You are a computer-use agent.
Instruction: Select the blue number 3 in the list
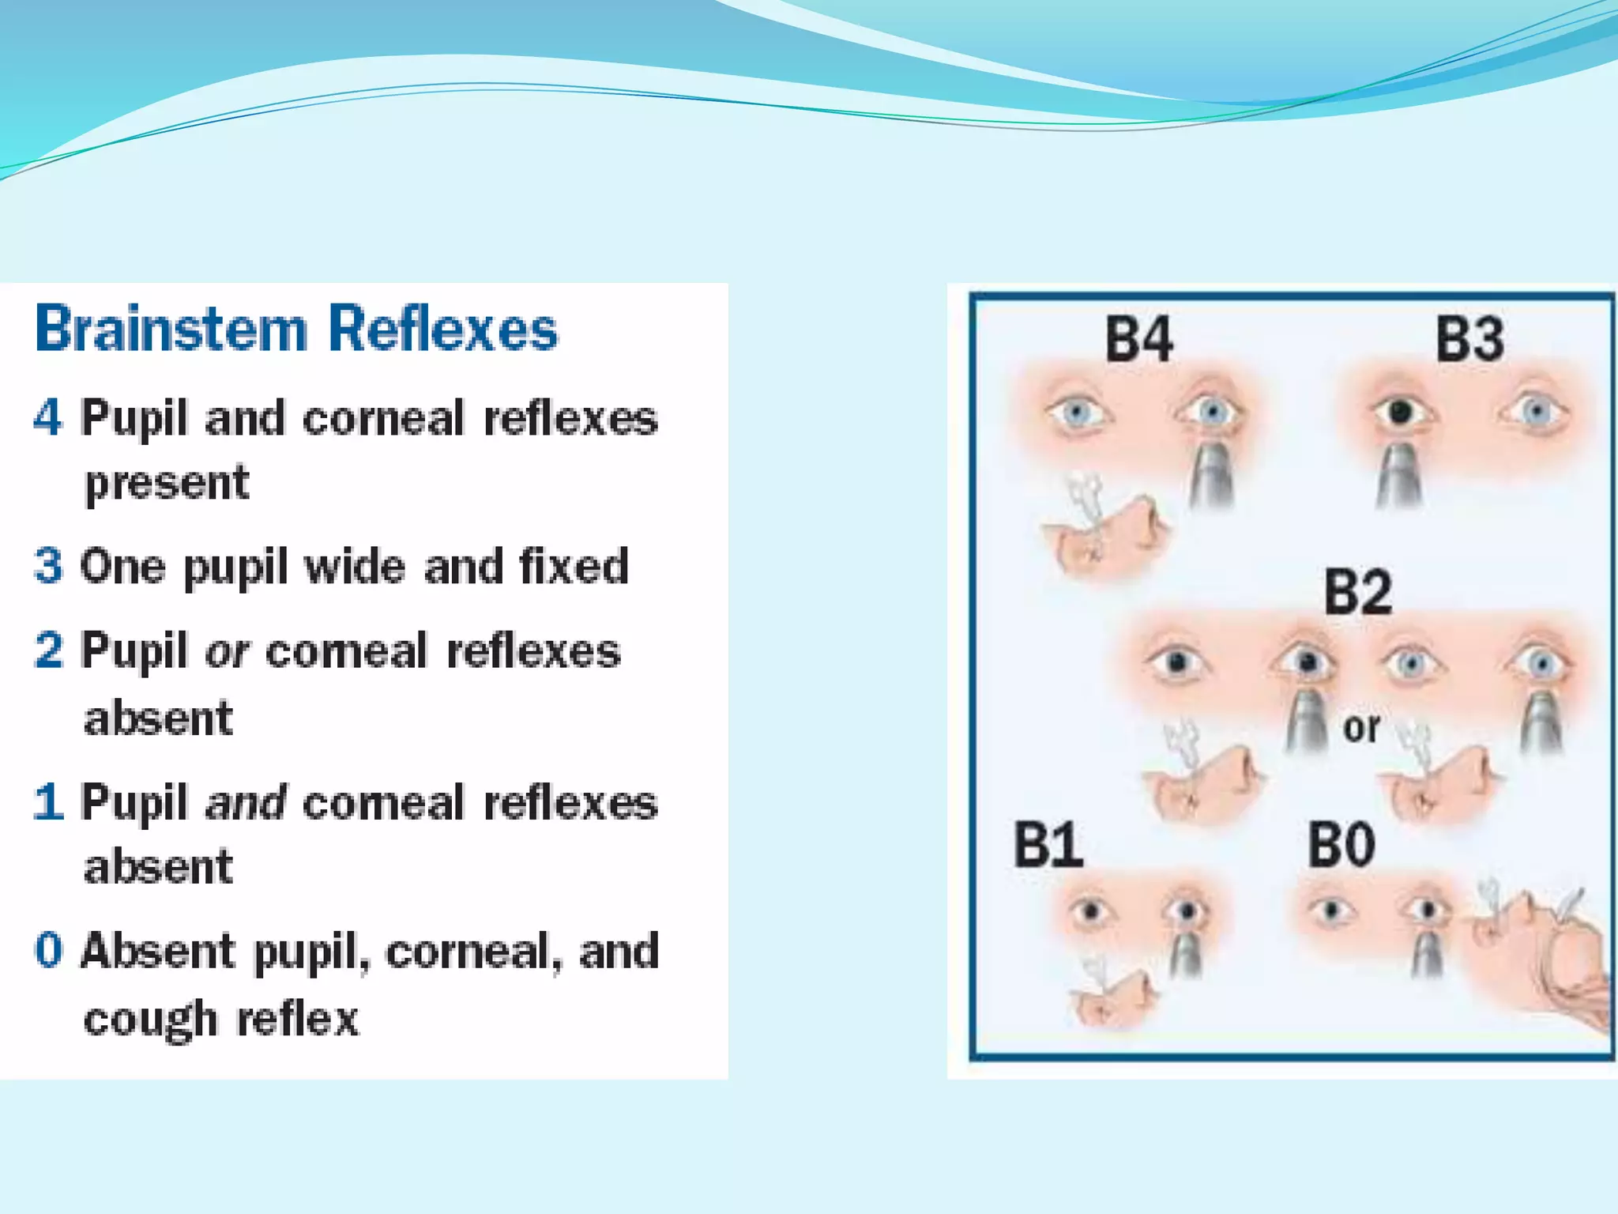pyautogui.click(x=47, y=566)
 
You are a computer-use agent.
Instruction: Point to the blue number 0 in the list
pyautogui.click(x=48, y=950)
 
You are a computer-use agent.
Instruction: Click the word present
pyautogui.click(x=167, y=484)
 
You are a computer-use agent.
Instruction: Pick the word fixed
pyautogui.click(x=574, y=566)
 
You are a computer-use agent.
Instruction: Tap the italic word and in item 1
pyautogui.click(x=245, y=803)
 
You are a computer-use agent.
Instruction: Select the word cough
pyautogui.click(x=150, y=1020)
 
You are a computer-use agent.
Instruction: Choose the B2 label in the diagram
pyautogui.click(x=1357, y=592)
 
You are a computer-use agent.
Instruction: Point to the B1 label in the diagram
pyautogui.click(x=1048, y=845)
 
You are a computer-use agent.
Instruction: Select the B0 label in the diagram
pyautogui.click(x=1341, y=845)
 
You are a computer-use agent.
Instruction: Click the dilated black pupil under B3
pyautogui.click(x=1400, y=412)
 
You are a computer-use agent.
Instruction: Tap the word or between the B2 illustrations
pyautogui.click(x=1361, y=728)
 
